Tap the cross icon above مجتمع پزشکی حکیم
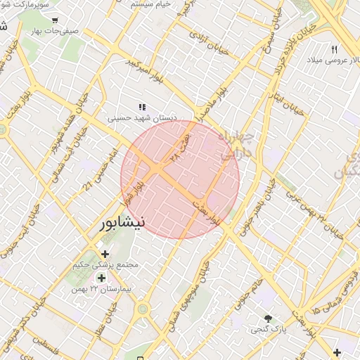point(105,254)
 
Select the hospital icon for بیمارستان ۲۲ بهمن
point(102,278)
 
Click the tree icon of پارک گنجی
point(268,318)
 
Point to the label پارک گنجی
point(266,329)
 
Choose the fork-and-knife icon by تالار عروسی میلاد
point(335,50)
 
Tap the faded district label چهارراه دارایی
point(236,144)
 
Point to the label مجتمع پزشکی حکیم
point(105,266)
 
